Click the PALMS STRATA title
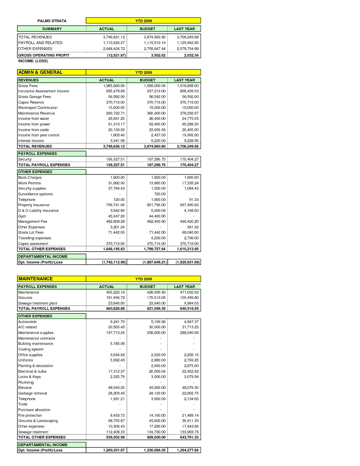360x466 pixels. point(52,21)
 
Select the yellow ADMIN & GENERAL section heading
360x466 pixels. point(40,72)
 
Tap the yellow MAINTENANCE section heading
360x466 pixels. point(36,279)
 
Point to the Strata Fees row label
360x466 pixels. point(28,86)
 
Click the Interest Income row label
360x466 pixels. point(31,141)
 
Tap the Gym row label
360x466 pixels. point(22,216)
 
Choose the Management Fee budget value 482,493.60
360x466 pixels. point(156,221)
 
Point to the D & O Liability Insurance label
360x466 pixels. point(38,210)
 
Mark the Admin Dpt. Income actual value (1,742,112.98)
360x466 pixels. point(114,262)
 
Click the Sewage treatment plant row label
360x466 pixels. point(38,303)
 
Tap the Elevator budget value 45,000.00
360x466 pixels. point(157,388)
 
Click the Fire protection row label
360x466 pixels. point(30,415)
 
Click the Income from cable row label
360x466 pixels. point(33,130)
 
